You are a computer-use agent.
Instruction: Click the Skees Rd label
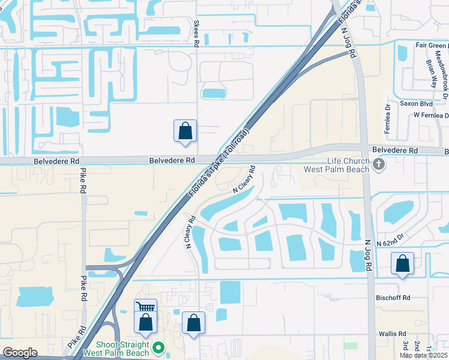click(x=196, y=34)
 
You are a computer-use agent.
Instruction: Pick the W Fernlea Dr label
click(x=427, y=115)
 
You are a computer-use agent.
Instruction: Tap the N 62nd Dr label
click(x=392, y=244)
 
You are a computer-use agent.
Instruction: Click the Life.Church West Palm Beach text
click(x=347, y=165)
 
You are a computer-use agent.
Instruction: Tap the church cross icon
click(x=378, y=164)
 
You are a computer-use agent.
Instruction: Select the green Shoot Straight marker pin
click(x=158, y=347)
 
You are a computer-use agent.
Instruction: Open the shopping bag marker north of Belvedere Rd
click(x=185, y=131)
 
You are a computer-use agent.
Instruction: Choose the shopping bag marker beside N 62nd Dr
click(x=402, y=263)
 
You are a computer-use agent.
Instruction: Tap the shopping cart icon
click(x=145, y=307)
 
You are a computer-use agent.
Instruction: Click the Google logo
click(x=20, y=353)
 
